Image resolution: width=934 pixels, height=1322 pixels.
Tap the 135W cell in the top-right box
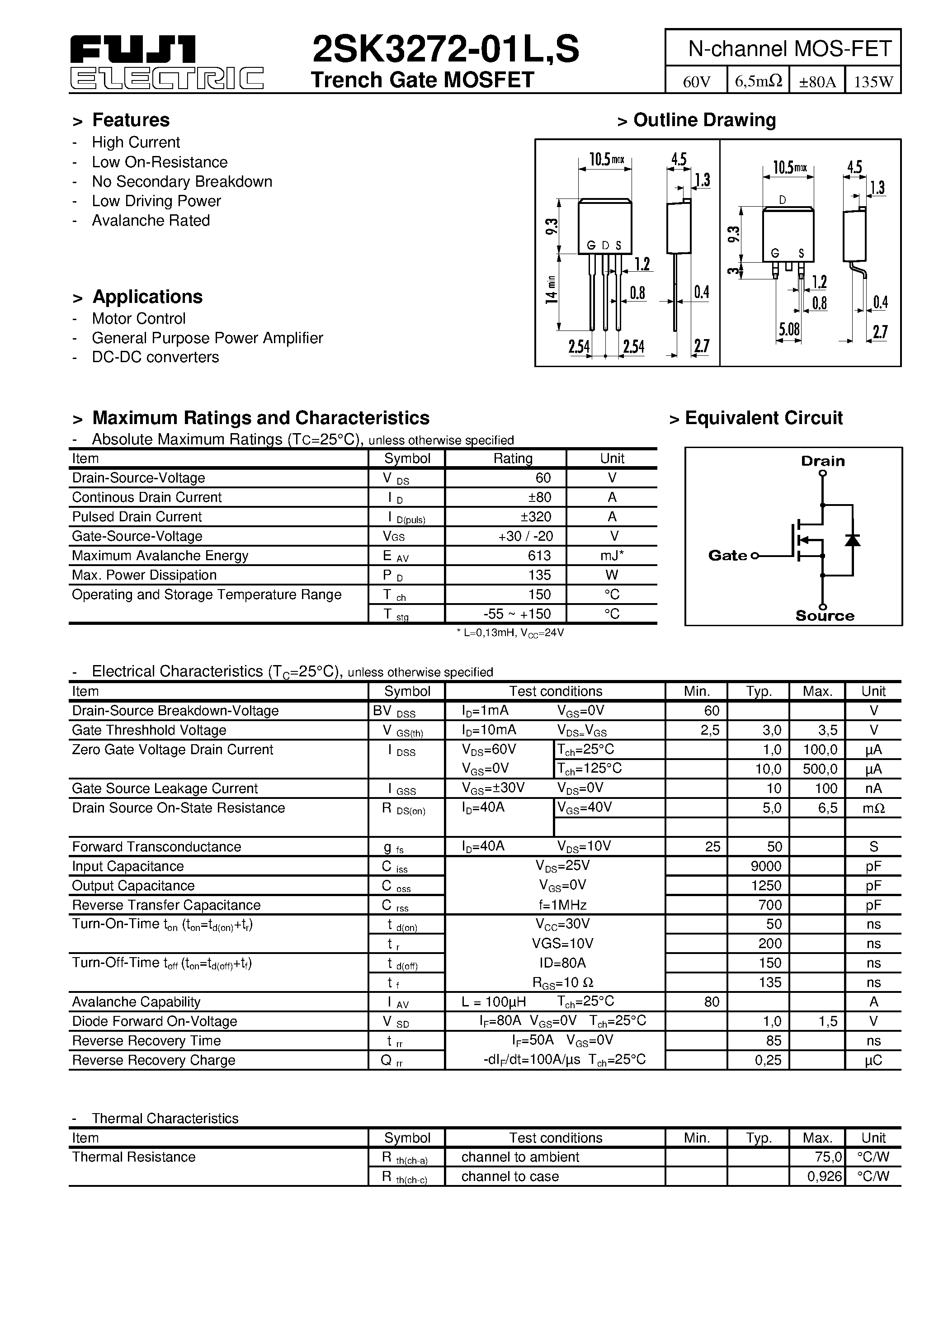(873, 82)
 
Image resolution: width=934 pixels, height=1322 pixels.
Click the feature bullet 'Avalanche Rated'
(151, 221)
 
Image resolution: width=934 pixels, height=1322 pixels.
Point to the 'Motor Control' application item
(139, 318)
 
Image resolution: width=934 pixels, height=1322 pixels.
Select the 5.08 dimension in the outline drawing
(789, 329)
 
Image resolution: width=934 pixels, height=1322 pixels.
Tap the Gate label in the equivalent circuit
(727, 556)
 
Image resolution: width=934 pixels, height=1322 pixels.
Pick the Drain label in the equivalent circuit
(823, 461)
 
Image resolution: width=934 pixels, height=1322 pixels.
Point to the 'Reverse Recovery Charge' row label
(154, 1060)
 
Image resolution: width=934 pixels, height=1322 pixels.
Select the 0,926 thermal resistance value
(825, 1176)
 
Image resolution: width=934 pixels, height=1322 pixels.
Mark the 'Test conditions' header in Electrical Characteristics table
(555, 691)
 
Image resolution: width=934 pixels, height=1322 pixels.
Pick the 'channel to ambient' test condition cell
(520, 1157)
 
